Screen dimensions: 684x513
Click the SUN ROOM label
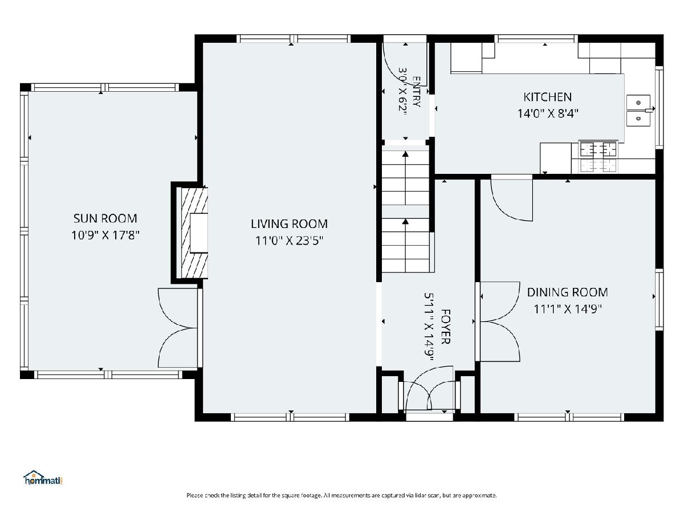click(x=105, y=218)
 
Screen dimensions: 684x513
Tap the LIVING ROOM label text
click(x=289, y=224)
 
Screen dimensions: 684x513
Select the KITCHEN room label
click(x=548, y=97)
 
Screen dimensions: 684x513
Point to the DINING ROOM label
click(x=568, y=292)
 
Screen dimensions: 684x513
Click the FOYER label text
click(x=446, y=327)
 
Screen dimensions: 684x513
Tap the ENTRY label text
click(x=416, y=92)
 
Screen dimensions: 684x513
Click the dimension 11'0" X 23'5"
click(x=290, y=241)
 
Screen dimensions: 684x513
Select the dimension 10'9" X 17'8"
click(x=105, y=235)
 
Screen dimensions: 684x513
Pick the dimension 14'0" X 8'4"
click(x=548, y=113)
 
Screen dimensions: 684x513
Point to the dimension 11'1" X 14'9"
click(x=568, y=309)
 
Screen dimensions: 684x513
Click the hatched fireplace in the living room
click(x=192, y=233)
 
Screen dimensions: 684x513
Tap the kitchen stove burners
click(x=598, y=156)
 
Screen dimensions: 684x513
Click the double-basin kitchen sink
click(x=638, y=111)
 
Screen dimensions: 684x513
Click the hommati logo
click(x=43, y=478)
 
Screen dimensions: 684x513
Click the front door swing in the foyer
click(x=429, y=389)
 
